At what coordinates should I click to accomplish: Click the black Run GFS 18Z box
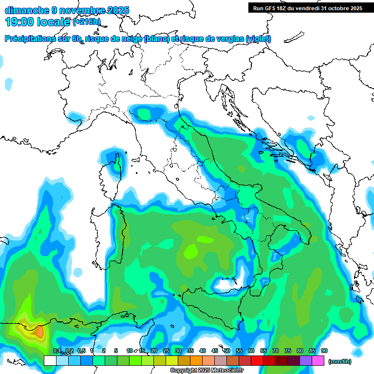[308, 8]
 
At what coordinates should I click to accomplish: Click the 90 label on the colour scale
[324, 351]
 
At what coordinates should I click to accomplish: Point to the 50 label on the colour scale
[227, 351]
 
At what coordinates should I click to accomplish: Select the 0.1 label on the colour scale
[56, 351]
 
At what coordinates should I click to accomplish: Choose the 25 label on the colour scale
[166, 351]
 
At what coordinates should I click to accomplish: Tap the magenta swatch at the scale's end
[318, 361]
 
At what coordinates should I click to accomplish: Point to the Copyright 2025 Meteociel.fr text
[206, 371]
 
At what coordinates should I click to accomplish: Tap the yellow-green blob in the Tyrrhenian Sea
[191, 251]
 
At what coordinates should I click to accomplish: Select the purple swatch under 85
[306, 361]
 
